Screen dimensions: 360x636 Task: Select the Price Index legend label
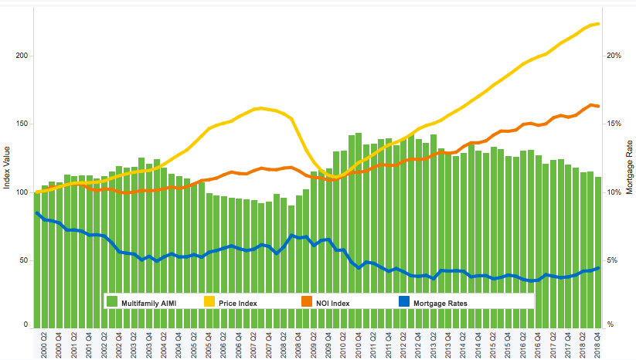(x=237, y=303)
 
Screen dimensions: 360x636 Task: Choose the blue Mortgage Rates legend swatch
(x=403, y=303)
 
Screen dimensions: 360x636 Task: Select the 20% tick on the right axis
(x=615, y=56)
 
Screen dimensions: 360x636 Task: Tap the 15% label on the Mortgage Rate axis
(x=615, y=124)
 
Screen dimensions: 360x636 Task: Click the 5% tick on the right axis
(x=613, y=260)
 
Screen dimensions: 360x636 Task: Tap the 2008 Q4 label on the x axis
(x=291, y=344)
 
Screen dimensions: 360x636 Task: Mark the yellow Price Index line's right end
(x=598, y=24)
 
